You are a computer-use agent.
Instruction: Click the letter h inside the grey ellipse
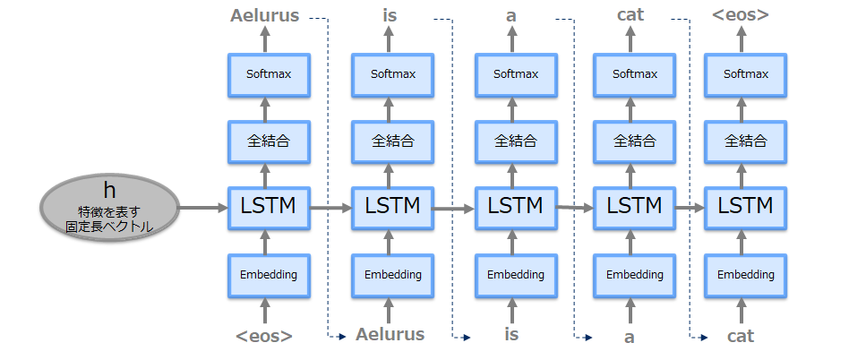pyautogui.click(x=109, y=190)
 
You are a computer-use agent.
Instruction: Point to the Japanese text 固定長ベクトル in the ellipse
pyautogui.click(x=109, y=227)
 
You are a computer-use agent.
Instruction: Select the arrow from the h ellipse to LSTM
pyautogui.click(x=203, y=207)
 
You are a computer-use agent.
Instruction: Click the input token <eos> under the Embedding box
pyautogui.click(x=264, y=336)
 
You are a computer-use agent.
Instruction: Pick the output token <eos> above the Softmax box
pyautogui.click(x=740, y=15)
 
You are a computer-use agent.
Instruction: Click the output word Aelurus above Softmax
pyautogui.click(x=264, y=15)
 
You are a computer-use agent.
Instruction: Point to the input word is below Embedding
pyautogui.click(x=510, y=335)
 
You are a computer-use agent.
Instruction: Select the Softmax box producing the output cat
pyautogui.click(x=634, y=73)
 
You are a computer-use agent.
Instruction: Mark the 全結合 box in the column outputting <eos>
pyautogui.click(x=745, y=141)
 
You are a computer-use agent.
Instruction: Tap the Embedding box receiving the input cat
pyautogui.click(x=745, y=274)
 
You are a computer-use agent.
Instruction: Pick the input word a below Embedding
pyautogui.click(x=629, y=337)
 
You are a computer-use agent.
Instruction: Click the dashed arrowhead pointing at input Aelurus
pyautogui.click(x=342, y=337)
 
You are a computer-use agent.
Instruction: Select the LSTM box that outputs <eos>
pyautogui.click(x=745, y=206)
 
